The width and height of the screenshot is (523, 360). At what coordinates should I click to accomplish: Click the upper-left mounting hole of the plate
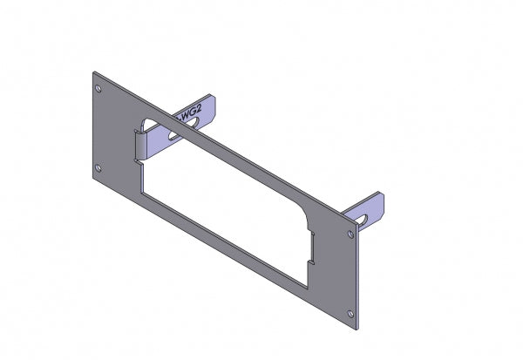pyautogui.click(x=98, y=88)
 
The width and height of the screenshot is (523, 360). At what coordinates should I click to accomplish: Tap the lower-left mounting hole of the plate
pyautogui.click(x=98, y=167)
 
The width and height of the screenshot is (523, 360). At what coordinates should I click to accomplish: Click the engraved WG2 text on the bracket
pyautogui.click(x=190, y=112)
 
